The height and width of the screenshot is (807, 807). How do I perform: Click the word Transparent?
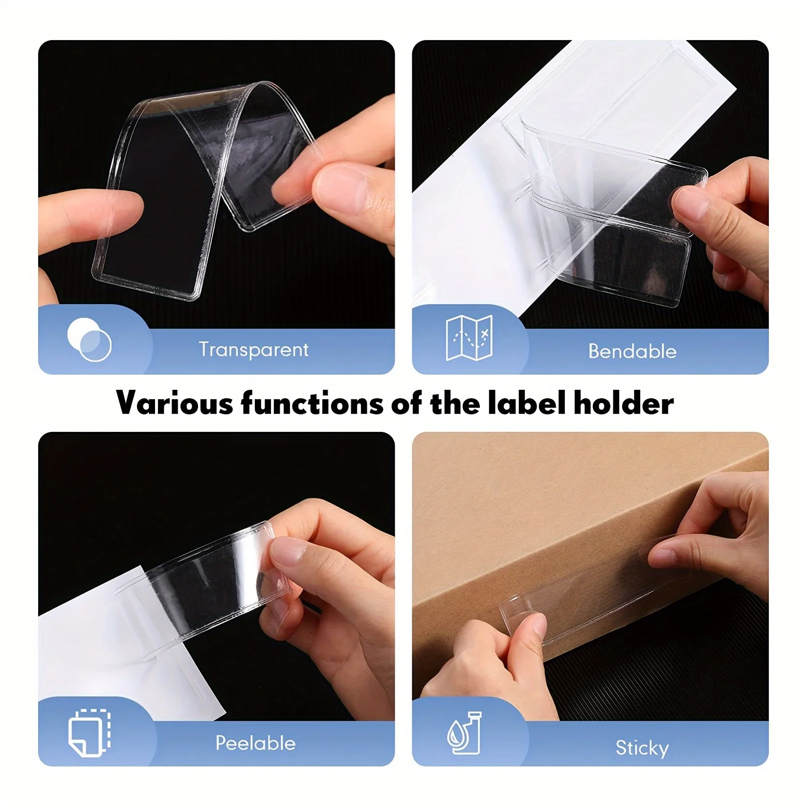253,349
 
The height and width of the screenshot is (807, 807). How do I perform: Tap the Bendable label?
632,351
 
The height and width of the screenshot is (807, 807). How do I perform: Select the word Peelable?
256,743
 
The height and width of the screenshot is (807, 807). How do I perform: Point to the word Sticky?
642,748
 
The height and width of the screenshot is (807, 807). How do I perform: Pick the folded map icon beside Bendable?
469,338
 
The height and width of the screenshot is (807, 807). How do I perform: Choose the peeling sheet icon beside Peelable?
90,732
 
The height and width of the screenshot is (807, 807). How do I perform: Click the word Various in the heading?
175,403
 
